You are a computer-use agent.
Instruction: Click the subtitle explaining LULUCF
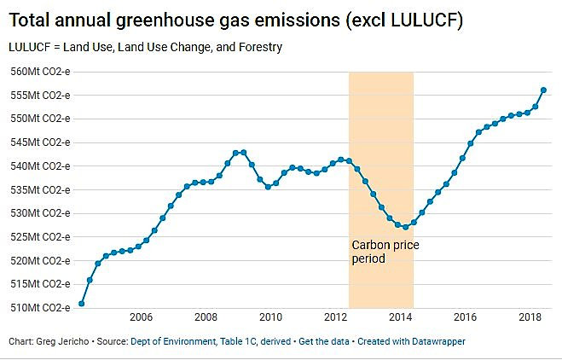coord(146,47)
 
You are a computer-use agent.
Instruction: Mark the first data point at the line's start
coord(81,303)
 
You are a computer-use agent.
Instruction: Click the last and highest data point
coord(543,90)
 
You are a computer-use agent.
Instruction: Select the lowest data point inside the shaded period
coord(405,227)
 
